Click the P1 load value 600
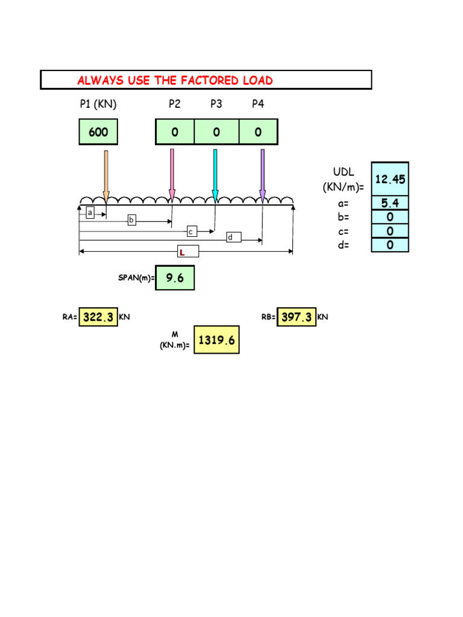[x=98, y=132]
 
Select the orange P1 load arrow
[x=106, y=175]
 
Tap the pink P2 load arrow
[x=172, y=175]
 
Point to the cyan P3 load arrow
[x=215, y=175]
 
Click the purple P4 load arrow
[x=262, y=175]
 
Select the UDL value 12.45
[x=390, y=179]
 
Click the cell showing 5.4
[x=390, y=203]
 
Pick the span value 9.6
[x=175, y=278]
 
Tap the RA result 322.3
[x=98, y=317]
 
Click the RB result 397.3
[x=296, y=317]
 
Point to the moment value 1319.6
[x=216, y=340]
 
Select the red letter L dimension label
[x=181, y=252]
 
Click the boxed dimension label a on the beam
[x=90, y=213]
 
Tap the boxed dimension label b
[x=131, y=221]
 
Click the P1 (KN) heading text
[x=98, y=104]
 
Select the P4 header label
[x=258, y=104]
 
